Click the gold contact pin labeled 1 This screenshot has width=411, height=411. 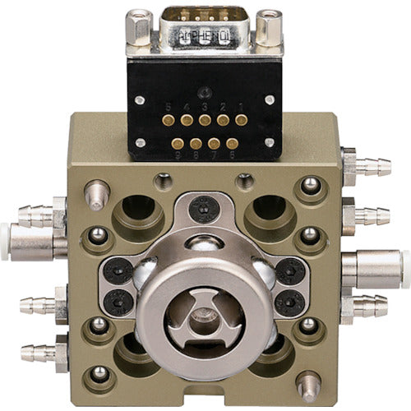pos(241,120)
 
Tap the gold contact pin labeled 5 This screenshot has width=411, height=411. pos(169,120)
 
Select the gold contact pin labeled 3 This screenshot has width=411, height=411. pos(205,120)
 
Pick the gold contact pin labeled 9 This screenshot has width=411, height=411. pos(178,143)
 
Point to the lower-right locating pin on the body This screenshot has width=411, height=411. pos(309,383)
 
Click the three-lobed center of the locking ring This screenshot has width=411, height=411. pos(205,316)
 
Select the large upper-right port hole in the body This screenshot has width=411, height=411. pos(270,212)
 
